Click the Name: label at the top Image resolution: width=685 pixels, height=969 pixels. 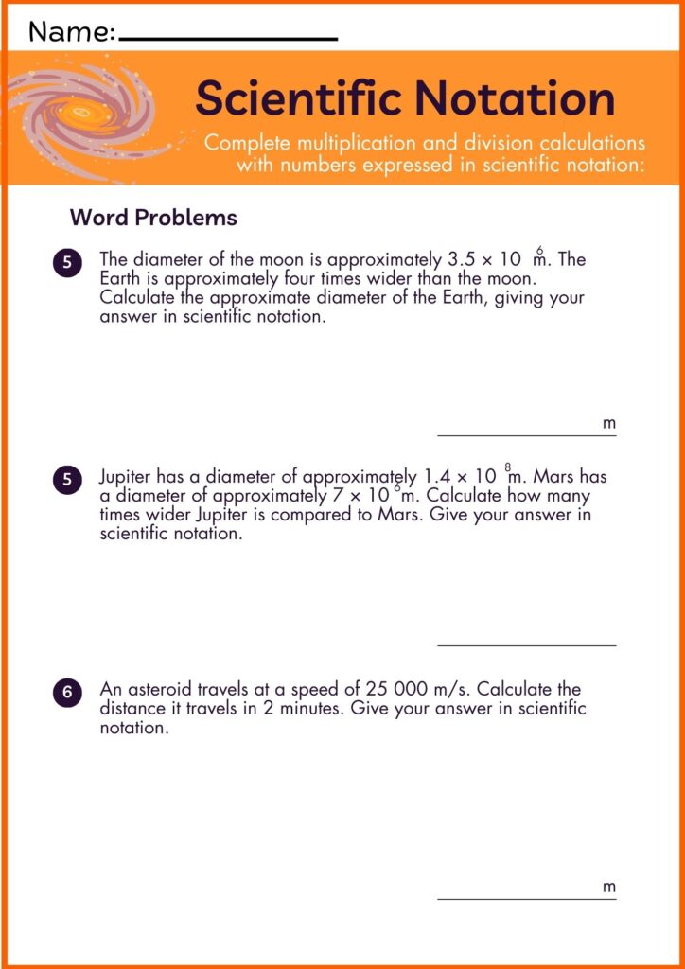coord(72,33)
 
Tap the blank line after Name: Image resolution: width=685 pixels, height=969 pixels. coord(229,39)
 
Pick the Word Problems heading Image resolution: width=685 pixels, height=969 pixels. coord(153,218)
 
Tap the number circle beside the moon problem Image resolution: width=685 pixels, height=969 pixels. coord(67,263)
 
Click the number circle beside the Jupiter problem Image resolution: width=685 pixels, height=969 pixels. coord(67,479)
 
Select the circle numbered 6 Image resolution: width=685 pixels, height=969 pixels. coord(67,693)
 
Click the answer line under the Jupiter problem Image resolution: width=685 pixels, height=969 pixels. coord(526,645)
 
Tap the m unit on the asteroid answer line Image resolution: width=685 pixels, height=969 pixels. coord(609,888)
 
